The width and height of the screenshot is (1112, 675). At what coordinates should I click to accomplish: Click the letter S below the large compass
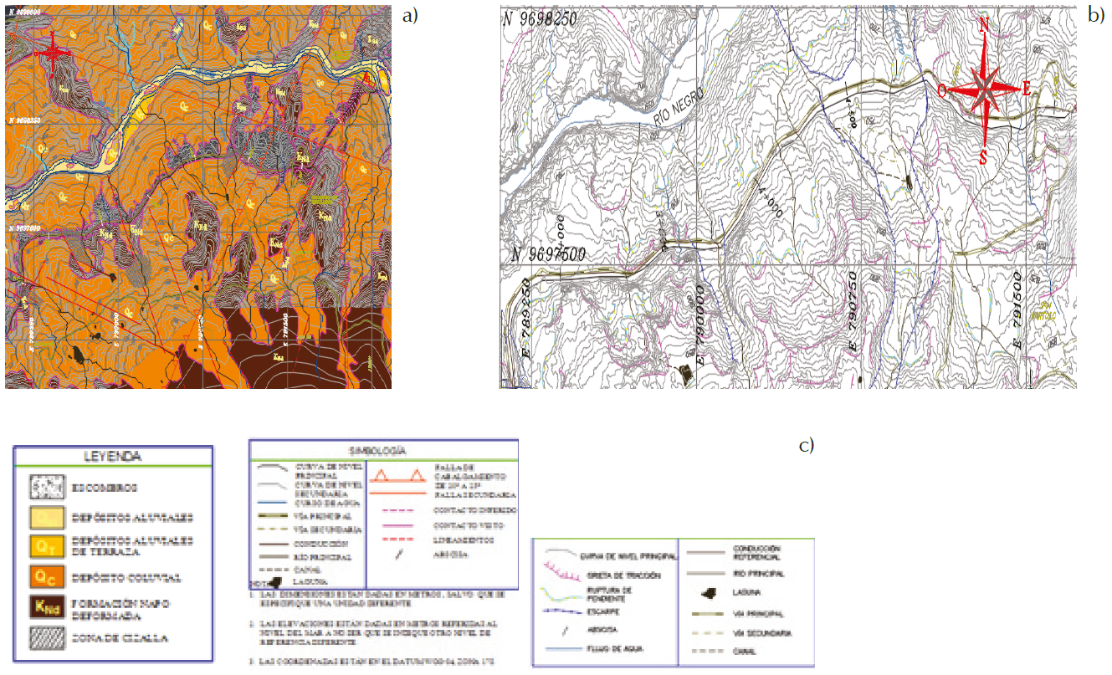point(984,156)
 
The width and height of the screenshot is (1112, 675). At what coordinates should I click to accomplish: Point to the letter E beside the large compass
point(1026,88)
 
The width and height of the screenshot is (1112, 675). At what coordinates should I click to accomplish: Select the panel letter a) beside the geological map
point(409,15)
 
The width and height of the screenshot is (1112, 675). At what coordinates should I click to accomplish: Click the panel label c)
point(807,445)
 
